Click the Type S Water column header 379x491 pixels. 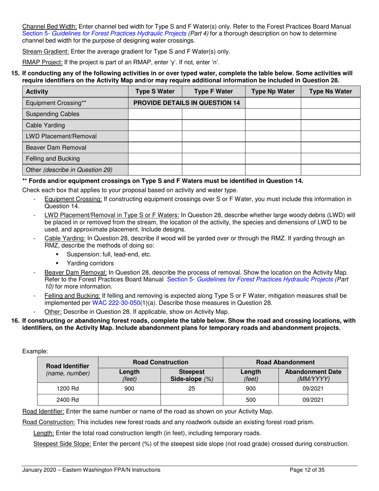(x=155, y=91)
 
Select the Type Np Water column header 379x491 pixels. (x=272, y=91)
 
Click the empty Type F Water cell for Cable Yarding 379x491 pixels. (x=213, y=125)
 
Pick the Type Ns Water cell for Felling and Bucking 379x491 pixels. (x=330, y=158)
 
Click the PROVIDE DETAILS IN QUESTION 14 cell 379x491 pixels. (x=186, y=103)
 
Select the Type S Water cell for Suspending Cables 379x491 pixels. (x=155, y=114)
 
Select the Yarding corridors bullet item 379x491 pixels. (x=90, y=263)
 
